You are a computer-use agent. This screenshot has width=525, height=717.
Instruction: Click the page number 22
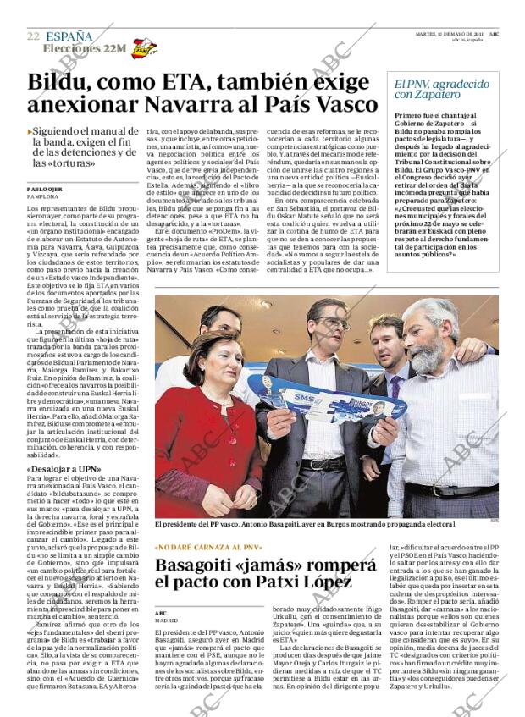click(x=33, y=36)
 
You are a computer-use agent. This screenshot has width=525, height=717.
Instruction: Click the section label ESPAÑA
click(x=69, y=36)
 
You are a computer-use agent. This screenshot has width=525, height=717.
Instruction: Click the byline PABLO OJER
click(x=43, y=188)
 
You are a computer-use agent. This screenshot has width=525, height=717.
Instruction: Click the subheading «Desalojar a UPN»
click(x=64, y=468)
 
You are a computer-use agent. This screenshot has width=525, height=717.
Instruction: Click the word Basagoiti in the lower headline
click(x=210, y=566)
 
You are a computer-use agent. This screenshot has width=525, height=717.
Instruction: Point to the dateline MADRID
click(x=167, y=620)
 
